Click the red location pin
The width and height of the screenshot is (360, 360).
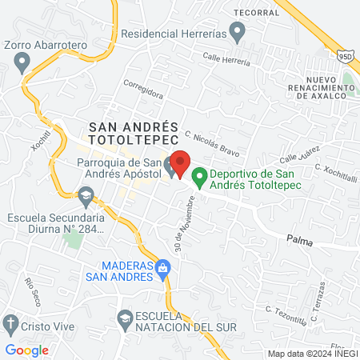(x=181, y=164)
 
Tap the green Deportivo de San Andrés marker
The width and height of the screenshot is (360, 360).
(x=200, y=176)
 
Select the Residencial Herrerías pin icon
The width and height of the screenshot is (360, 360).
(x=237, y=33)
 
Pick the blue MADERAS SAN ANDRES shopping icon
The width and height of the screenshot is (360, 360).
(x=163, y=267)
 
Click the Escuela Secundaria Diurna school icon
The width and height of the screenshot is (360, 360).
(x=85, y=194)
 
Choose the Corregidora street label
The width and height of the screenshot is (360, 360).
(x=143, y=89)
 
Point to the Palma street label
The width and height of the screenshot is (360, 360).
(x=299, y=237)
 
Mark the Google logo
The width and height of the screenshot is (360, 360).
(x=27, y=350)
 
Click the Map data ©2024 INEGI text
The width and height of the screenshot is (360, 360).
(x=311, y=354)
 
